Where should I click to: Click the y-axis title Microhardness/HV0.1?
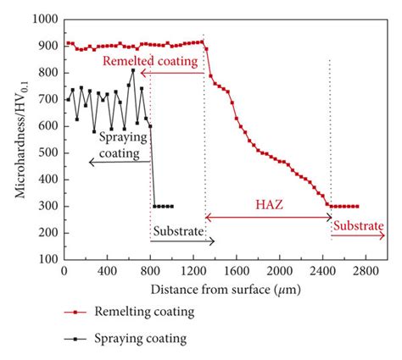point(20,138)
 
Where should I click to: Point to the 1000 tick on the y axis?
point(40,18)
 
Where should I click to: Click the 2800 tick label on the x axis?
point(365,273)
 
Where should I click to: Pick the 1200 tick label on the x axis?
point(193,273)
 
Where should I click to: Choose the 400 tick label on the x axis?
point(107,273)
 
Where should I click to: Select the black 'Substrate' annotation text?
point(177,230)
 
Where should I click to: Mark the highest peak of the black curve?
point(132,70)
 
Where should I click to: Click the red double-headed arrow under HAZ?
point(268,218)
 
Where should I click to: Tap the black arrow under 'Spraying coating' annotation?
point(119,161)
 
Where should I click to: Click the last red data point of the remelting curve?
point(357,206)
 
